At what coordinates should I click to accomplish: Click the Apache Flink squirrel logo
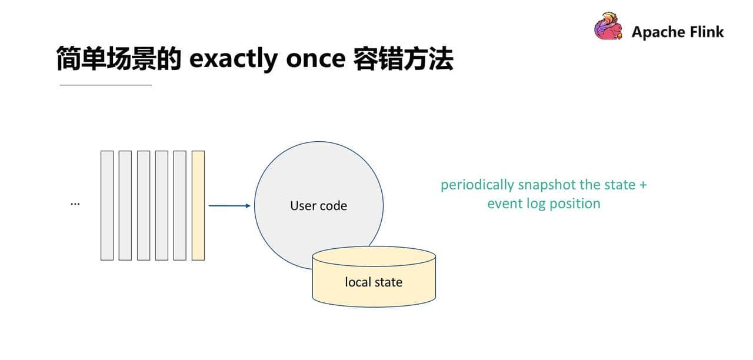[x=608, y=27]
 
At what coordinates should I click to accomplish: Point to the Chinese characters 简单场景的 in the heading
[x=118, y=59]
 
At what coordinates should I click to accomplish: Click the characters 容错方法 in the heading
[x=403, y=59]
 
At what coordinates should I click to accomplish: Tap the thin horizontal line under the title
[x=106, y=85]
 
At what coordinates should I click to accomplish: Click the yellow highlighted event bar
[x=198, y=205]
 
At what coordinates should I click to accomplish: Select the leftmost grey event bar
[x=106, y=205]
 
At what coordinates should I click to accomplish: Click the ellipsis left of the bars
[x=75, y=203]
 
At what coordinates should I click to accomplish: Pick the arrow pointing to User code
[x=229, y=205]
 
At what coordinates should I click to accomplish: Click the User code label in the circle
[x=318, y=206]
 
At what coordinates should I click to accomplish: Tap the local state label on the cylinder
[x=374, y=282]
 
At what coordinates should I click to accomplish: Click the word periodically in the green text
[x=477, y=185]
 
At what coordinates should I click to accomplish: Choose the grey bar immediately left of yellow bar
[x=179, y=205]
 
